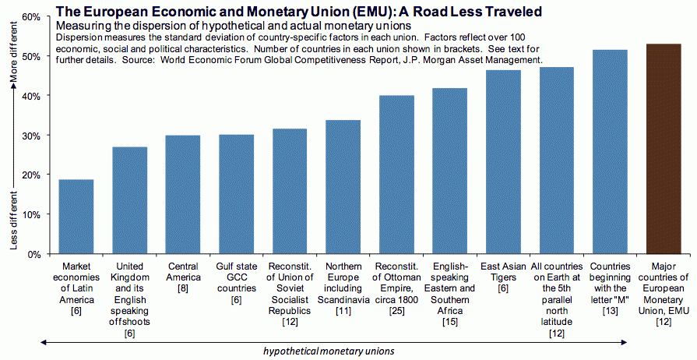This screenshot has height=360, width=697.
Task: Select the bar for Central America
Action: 182,195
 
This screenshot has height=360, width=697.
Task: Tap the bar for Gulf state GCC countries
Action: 236,194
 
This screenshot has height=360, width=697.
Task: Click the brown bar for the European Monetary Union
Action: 664,149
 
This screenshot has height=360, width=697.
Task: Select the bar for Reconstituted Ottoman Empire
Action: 396,175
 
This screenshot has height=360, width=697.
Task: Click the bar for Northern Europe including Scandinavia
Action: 343,187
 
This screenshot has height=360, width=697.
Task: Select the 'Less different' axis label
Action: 13,219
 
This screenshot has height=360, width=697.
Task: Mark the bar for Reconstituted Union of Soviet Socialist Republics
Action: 290,191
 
